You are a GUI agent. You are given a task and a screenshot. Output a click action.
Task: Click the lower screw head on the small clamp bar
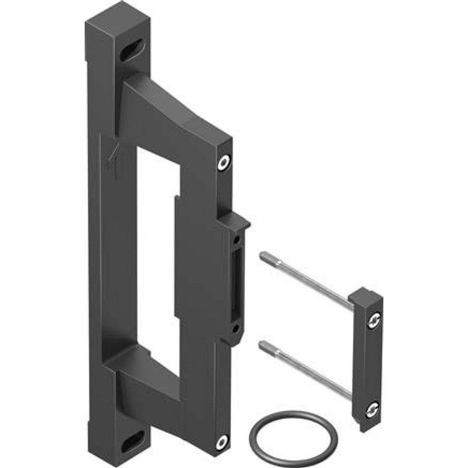coord(373,409)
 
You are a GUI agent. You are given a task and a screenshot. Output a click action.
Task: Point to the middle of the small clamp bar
coord(367,360)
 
